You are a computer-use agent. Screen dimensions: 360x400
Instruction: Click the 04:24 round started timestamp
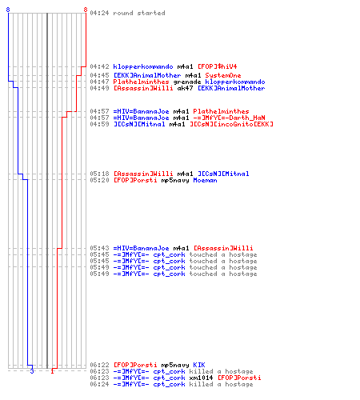(99, 13)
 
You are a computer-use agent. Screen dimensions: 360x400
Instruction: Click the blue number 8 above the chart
(8, 10)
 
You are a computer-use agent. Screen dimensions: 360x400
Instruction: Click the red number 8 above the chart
(86, 10)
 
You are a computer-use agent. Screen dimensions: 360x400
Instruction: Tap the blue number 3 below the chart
(32, 371)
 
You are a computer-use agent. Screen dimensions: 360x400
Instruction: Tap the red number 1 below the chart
(52, 371)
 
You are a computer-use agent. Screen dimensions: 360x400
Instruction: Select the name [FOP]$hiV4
(217, 66)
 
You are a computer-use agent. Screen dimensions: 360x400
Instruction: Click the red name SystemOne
(223, 75)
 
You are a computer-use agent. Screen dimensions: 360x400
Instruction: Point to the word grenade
(187, 82)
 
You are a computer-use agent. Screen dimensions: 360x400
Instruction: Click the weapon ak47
(185, 88)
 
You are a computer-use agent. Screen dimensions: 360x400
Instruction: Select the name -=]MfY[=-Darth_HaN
(229, 118)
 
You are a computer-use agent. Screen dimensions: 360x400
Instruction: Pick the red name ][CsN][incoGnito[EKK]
(231, 124)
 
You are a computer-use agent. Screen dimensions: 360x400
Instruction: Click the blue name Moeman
(205, 180)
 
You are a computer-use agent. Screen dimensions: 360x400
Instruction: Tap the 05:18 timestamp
(99, 174)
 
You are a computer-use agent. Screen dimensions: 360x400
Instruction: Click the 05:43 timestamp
(99, 248)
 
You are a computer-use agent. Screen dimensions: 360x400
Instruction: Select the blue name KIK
(199, 365)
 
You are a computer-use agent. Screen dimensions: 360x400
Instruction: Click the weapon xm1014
(201, 378)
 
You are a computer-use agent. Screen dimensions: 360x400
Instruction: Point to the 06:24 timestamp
(99, 384)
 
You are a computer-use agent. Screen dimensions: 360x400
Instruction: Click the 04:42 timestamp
(99, 66)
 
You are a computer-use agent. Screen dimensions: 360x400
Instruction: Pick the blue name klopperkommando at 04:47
(235, 82)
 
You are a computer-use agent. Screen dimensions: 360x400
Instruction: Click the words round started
(139, 13)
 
